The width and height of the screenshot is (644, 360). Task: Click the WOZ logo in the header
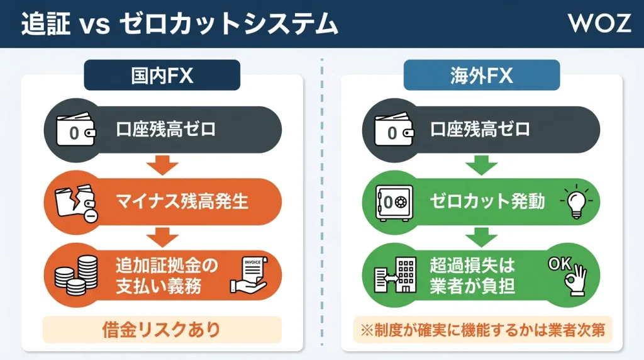click(599, 23)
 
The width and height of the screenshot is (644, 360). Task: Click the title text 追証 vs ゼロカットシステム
click(179, 24)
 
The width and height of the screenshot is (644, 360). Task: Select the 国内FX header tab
click(162, 76)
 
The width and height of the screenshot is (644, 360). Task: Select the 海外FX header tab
click(481, 76)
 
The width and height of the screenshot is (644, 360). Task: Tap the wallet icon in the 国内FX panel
click(75, 131)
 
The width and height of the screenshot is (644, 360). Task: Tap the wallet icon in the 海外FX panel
click(394, 131)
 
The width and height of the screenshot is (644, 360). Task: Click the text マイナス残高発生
click(182, 202)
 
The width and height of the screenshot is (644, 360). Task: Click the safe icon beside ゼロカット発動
click(394, 203)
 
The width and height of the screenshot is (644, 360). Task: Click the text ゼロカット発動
click(487, 202)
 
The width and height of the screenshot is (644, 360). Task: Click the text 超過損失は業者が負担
click(473, 275)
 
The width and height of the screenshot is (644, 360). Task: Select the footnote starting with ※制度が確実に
click(481, 330)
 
